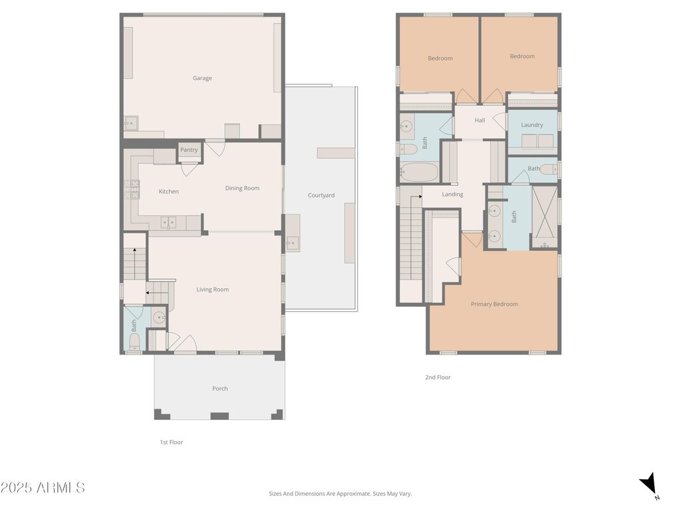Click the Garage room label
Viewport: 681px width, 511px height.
point(202,79)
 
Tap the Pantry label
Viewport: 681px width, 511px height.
point(189,150)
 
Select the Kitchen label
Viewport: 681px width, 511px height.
point(168,192)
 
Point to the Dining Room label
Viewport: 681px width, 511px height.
point(242,188)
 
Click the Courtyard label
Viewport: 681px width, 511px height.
point(321,196)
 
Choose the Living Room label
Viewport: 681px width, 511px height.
point(212,289)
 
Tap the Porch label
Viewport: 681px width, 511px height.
point(219,389)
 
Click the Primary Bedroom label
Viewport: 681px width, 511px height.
point(494,304)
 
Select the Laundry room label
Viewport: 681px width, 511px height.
point(532,125)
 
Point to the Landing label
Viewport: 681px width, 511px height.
point(452,194)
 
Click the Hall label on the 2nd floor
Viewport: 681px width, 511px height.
point(479,120)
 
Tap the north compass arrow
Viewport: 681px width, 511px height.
point(649,484)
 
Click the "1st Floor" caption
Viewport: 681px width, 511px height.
point(171,442)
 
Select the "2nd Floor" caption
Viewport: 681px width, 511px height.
point(438,377)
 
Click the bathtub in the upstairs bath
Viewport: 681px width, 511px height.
point(420,173)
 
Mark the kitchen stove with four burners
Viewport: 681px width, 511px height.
point(130,190)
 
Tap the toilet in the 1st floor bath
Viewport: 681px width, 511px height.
point(134,343)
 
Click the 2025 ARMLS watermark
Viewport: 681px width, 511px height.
point(43,488)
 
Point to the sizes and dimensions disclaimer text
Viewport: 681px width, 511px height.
point(340,494)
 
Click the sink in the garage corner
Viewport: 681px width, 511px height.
point(131,122)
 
